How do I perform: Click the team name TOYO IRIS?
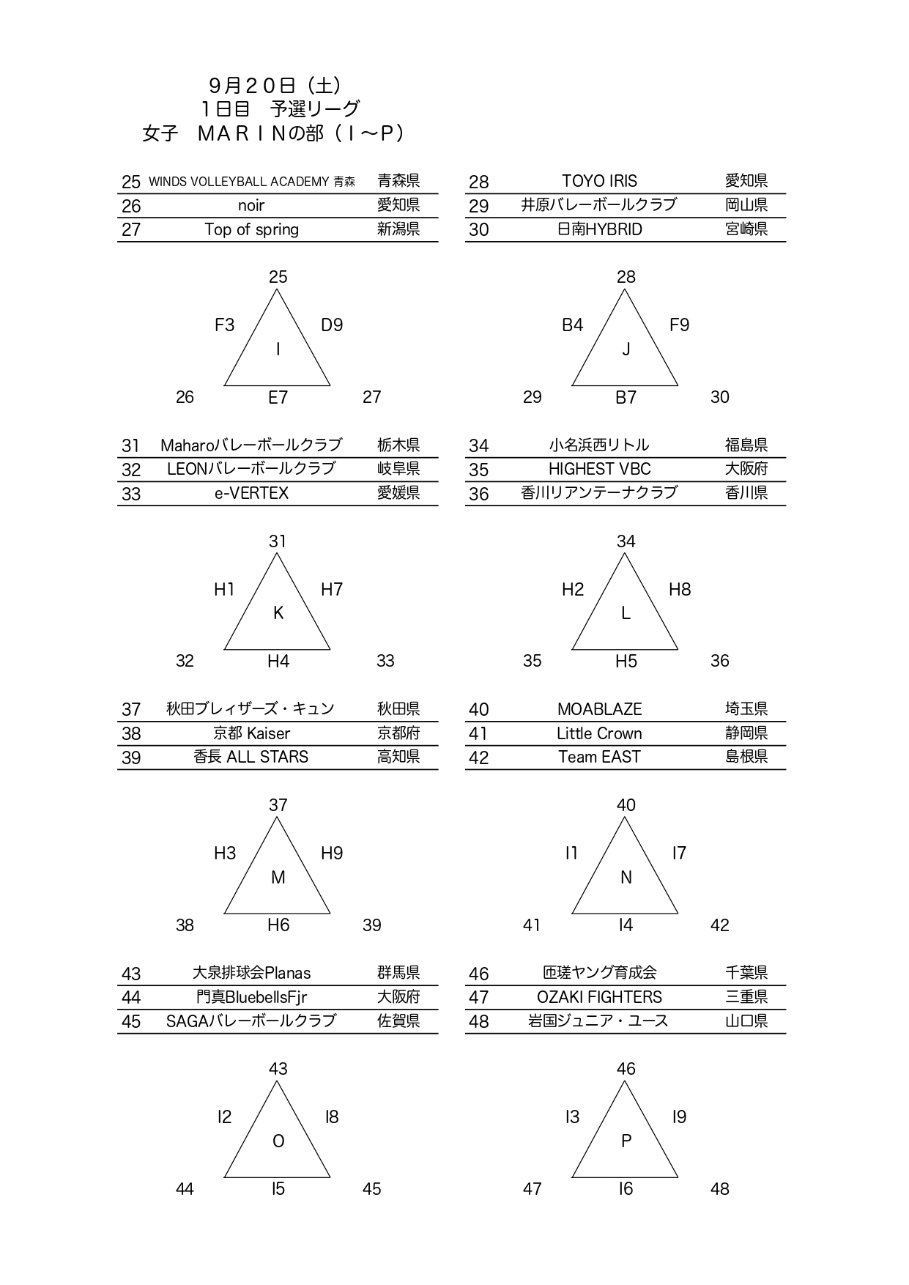599,181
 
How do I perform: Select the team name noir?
251,205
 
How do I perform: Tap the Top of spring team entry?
251,229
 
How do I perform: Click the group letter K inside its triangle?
278,613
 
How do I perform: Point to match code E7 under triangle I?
278,397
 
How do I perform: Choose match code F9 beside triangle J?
679,325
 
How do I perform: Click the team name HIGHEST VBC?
599,469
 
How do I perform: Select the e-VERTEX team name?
251,493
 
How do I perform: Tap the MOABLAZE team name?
599,709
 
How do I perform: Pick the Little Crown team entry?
599,733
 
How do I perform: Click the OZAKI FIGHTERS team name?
599,997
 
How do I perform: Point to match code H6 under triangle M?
278,925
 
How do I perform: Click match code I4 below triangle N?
626,925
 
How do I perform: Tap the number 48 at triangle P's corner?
719,1189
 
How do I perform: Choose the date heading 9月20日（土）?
275,86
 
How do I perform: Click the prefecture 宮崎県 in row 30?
746,229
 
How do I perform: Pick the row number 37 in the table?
131,709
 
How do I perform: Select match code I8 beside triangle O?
332,1116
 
